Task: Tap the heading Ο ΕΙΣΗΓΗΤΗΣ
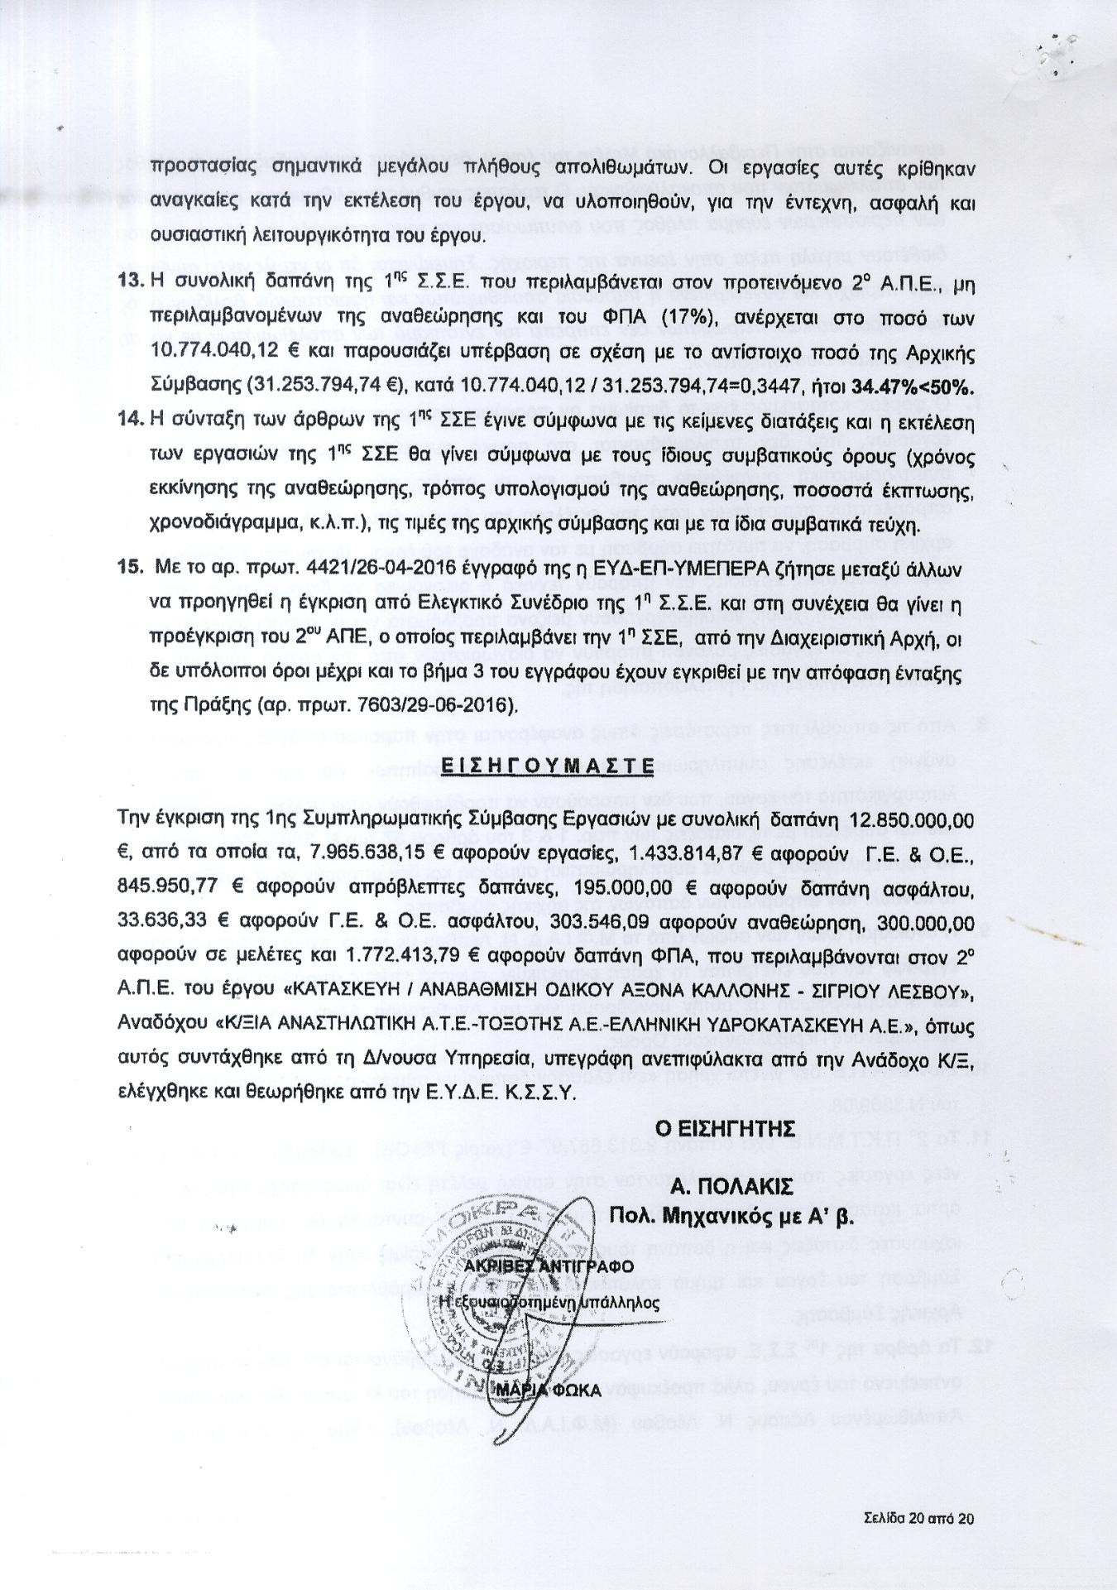click(725, 1128)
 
